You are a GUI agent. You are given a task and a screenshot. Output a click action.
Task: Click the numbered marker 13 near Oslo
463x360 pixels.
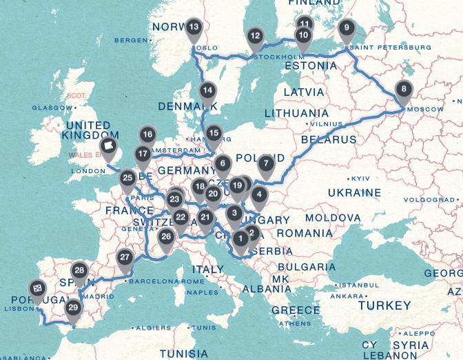[x=194, y=28]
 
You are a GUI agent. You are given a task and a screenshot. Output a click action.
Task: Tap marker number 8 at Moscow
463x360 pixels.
[x=404, y=89]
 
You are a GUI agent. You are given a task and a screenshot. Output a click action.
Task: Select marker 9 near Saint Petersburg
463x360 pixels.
[x=347, y=28]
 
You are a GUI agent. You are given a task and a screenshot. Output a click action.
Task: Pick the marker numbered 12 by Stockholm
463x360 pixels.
[x=255, y=37]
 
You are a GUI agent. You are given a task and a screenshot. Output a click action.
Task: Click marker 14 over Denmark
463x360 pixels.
[x=207, y=90]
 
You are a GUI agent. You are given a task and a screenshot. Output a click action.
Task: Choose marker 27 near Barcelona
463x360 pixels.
[x=125, y=259]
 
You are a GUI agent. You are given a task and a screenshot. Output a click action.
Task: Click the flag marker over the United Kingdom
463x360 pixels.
[x=108, y=147]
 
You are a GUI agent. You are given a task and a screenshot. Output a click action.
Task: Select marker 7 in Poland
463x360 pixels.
[x=266, y=165]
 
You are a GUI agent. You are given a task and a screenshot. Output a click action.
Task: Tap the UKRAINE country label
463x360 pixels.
[x=354, y=192]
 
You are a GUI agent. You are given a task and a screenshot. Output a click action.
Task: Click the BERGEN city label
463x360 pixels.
[x=134, y=41]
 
